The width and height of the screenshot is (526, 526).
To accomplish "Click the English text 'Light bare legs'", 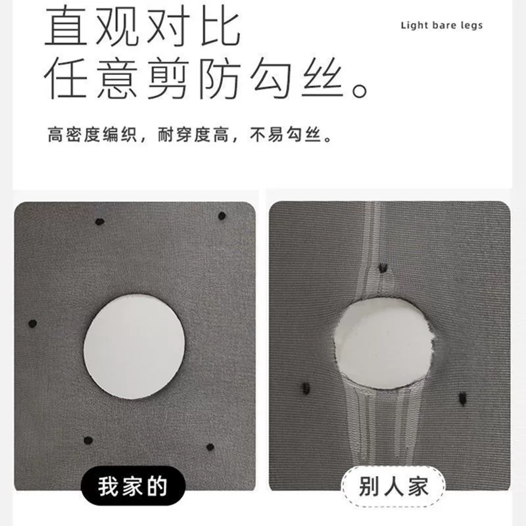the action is (441, 26).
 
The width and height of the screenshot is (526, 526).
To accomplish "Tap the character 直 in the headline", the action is (66, 26).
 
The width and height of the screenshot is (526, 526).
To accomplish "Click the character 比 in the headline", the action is (220, 26).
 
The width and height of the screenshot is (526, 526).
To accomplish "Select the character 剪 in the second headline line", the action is (167, 78).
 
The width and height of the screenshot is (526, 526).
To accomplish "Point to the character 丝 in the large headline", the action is (322, 78).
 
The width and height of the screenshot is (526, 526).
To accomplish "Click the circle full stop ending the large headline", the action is (360, 90).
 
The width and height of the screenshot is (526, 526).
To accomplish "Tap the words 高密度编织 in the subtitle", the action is (92, 135).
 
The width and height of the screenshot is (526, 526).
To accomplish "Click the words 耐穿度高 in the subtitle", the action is (193, 135).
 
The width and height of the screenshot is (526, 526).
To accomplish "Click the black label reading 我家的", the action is (133, 486).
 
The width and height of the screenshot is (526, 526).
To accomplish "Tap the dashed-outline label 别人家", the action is (393, 487).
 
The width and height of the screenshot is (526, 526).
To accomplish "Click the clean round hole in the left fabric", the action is (134, 347).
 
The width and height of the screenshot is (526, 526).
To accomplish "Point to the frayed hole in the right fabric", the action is (384, 343).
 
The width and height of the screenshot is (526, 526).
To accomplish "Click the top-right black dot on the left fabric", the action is (222, 216).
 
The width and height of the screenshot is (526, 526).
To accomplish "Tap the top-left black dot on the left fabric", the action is (100, 222).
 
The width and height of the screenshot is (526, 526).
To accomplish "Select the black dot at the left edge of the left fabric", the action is (32, 323).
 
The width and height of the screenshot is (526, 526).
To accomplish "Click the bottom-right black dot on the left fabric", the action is (210, 447).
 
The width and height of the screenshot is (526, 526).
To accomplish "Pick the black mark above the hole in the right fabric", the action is (383, 268).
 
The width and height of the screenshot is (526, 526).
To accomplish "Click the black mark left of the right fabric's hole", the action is (306, 388).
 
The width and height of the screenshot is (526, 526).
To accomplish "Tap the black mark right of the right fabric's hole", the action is (463, 398).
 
